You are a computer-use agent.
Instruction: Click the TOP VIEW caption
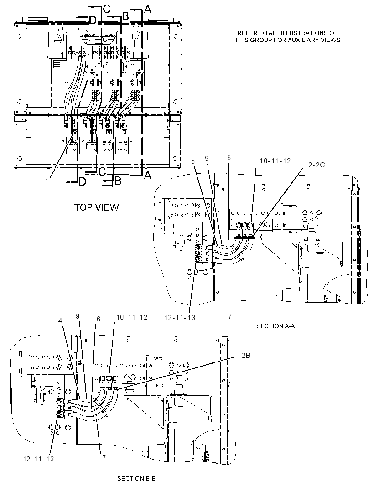[96, 207]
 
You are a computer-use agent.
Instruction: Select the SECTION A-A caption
[275, 326]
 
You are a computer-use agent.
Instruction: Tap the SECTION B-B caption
[136, 478]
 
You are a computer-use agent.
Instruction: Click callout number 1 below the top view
[47, 181]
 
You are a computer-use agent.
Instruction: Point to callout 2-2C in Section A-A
[317, 165]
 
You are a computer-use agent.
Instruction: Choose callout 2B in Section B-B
[246, 356]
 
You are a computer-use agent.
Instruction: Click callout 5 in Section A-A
[193, 161]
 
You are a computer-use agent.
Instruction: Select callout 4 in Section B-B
[60, 321]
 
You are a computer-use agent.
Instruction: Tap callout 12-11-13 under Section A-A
[180, 317]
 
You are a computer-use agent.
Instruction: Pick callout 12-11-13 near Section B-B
[38, 459]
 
